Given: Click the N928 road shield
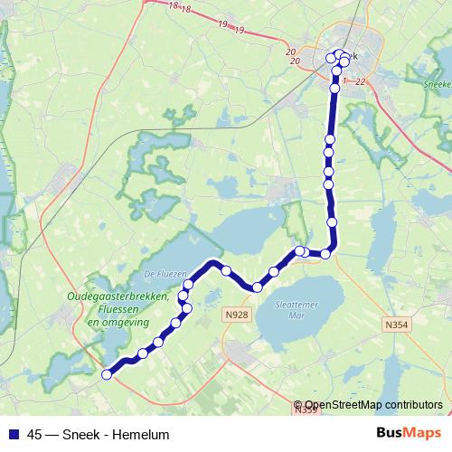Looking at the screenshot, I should [x=236, y=314].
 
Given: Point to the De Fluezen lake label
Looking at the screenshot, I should [x=164, y=273].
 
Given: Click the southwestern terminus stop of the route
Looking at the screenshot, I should [x=107, y=373].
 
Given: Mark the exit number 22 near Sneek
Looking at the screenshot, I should [x=360, y=81].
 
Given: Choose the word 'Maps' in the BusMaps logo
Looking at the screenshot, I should [x=422, y=433].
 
